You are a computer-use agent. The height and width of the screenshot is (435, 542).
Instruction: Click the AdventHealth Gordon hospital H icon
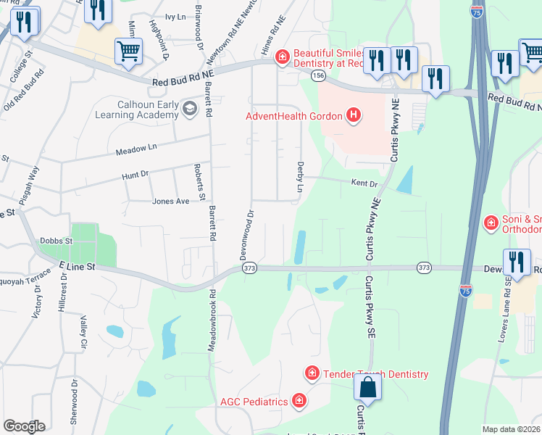click(353, 115)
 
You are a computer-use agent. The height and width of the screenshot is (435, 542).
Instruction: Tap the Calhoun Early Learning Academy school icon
click(190, 109)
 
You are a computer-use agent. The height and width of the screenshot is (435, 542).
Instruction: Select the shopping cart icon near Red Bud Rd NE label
click(128, 51)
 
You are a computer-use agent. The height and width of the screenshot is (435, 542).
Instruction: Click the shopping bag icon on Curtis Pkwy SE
click(368, 388)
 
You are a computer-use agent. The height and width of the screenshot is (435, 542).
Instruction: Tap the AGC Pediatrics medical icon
click(298, 400)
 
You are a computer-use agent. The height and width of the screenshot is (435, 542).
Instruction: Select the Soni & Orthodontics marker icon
click(491, 221)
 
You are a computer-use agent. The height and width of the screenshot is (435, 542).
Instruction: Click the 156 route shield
click(317, 75)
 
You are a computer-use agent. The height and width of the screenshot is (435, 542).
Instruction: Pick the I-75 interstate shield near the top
click(477, 12)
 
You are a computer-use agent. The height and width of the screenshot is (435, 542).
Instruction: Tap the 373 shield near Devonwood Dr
click(250, 268)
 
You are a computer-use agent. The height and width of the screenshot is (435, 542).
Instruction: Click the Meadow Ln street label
click(136, 149)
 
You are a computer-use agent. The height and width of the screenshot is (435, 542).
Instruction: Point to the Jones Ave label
click(171, 201)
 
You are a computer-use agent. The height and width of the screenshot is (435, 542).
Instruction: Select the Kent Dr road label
click(364, 183)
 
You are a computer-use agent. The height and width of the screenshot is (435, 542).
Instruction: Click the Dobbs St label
click(57, 240)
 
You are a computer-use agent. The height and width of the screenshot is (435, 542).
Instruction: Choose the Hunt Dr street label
click(135, 174)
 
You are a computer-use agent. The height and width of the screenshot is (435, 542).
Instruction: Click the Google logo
click(24, 426)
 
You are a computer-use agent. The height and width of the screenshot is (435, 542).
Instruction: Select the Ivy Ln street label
click(176, 16)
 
